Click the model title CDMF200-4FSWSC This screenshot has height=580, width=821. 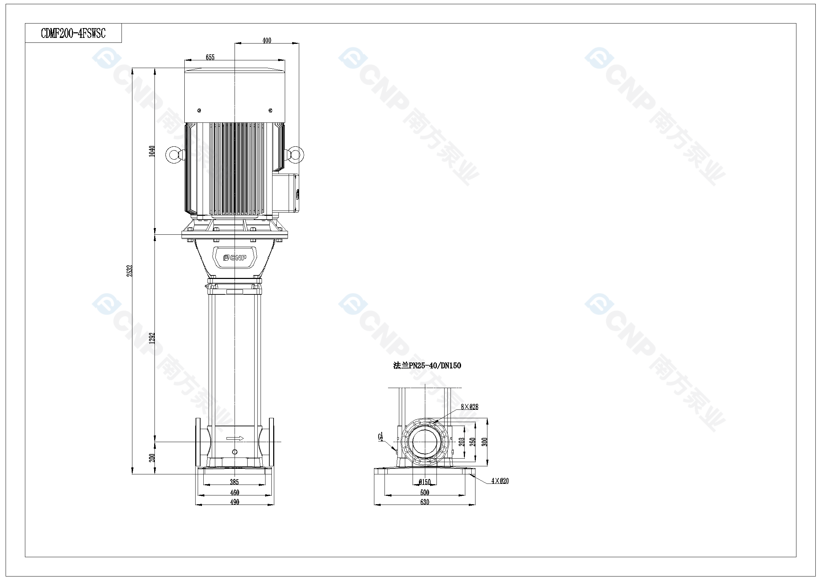coord(73,33)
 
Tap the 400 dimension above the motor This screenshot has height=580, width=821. coord(267,40)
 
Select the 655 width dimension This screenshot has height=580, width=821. coord(210,57)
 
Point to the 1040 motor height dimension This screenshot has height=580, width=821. coord(152,151)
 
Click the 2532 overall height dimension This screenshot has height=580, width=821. coord(130,271)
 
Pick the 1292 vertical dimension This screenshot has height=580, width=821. coord(152,338)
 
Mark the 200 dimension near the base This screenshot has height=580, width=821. coord(152,458)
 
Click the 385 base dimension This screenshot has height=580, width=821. coord(234,482)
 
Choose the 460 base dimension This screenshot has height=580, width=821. coord(235,492)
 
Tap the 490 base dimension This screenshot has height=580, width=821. coord(235,502)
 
